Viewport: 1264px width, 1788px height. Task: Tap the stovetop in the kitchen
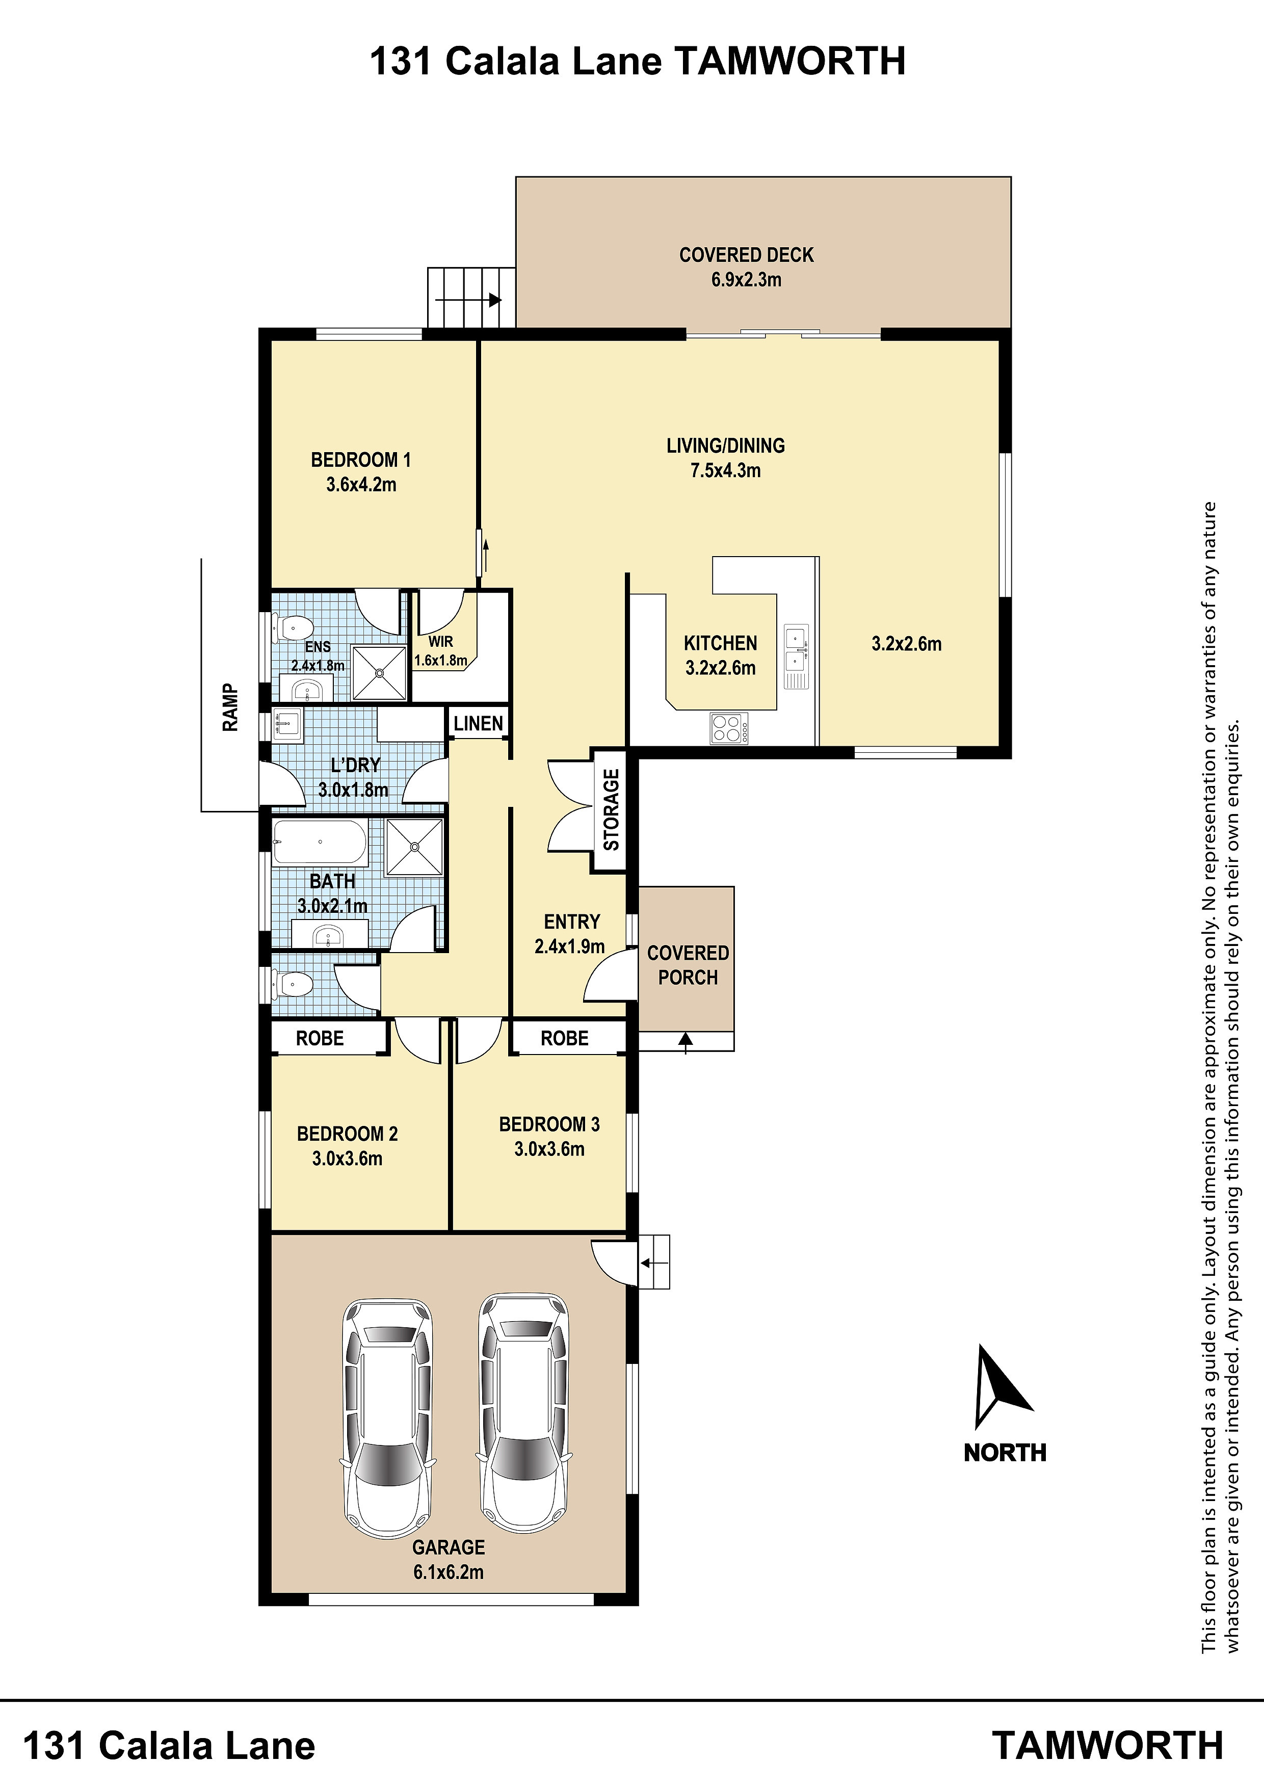click(x=729, y=728)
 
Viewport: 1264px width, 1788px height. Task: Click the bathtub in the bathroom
click(x=319, y=842)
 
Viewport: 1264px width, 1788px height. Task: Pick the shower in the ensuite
click(x=380, y=673)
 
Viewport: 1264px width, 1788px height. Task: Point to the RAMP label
click(x=230, y=707)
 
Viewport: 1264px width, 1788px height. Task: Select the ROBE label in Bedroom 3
click(x=565, y=1038)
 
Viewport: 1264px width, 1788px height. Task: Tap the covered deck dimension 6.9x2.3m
click(x=746, y=280)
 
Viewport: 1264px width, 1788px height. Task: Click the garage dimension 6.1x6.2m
click(x=449, y=1571)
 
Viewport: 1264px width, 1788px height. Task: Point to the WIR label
click(x=441, y=642)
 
